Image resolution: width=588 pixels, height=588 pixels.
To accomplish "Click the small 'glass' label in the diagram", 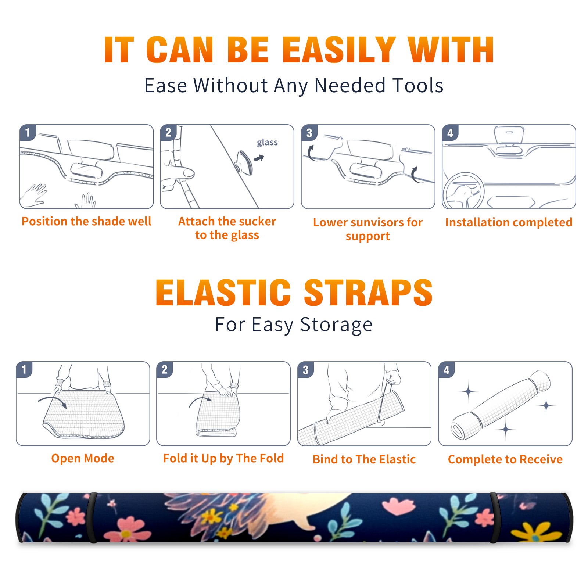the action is pos(267,142).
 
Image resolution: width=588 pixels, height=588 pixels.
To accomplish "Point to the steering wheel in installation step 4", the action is pos(463,191).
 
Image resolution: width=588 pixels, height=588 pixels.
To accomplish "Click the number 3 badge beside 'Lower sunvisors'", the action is pos(309,133).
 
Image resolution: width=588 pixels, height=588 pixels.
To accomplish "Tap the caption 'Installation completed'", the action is pos(509,222).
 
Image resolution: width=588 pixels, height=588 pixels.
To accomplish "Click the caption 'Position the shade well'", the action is pos(86,221).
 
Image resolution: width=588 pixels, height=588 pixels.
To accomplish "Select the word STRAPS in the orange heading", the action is pos(368,293).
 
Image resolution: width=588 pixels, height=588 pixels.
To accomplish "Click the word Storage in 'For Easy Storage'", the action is pos(336,325).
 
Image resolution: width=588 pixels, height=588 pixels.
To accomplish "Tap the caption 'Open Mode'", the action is pos(83,458).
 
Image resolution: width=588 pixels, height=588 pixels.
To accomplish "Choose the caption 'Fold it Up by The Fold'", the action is pos(223,458).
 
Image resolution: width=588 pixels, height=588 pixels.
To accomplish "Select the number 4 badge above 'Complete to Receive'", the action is pos(447,370).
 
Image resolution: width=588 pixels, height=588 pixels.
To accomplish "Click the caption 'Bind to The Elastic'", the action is pos(364,459).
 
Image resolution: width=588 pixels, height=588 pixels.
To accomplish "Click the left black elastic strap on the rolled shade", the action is pos(92,517).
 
